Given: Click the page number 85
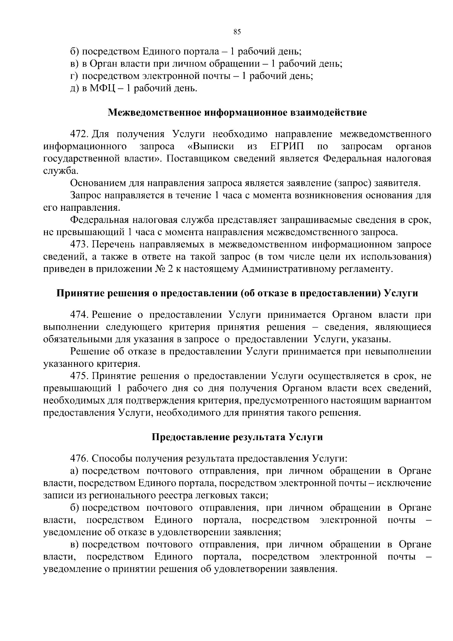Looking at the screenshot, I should point(237,32).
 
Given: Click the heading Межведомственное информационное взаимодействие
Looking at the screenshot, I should point(237,113).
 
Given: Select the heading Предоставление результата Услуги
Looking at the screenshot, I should point(237,437).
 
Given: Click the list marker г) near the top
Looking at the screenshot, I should point(74,76).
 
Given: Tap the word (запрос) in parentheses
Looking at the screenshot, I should point(354,183).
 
